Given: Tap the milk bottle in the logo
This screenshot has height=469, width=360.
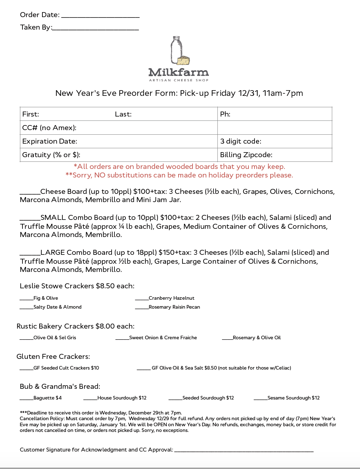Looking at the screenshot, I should click(x=176, y=50).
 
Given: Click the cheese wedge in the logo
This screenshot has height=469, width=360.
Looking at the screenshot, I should click(x=184, y=60).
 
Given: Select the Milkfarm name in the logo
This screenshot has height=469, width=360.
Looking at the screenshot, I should click(x=179, y=73).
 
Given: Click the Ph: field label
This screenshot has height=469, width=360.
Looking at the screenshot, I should click(x=225, y=114).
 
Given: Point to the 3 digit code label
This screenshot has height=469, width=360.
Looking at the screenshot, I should click(x=241, y=141).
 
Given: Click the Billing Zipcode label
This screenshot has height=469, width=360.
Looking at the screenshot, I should click(x=246, y=155).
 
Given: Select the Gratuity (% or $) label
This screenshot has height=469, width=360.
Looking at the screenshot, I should click(x=51, y=155).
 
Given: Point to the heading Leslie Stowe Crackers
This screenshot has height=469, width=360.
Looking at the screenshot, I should click(x=77, y=286).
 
